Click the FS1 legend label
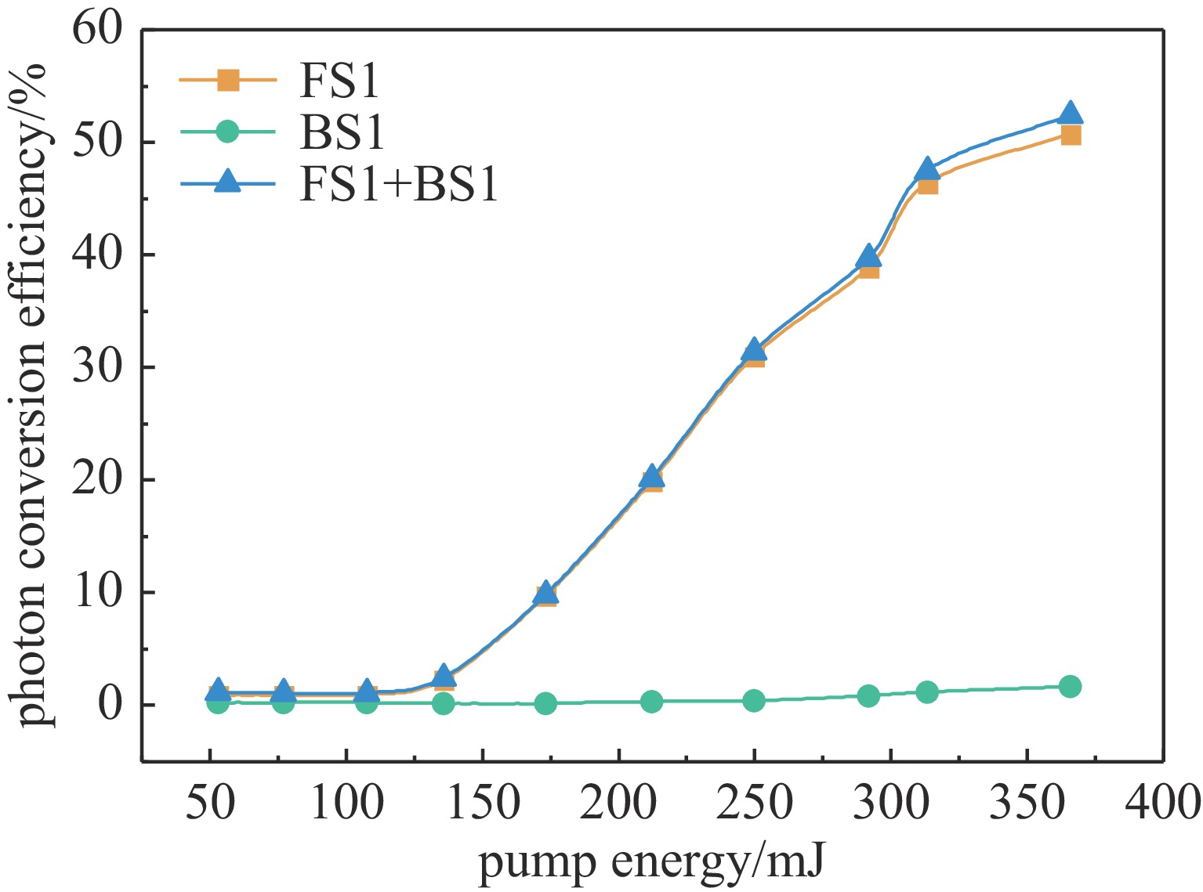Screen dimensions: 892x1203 pos(339,81)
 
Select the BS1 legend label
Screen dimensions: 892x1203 pos(342,132)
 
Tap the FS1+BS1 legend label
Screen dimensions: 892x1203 pos(398,185)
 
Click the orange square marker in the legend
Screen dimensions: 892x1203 pos(228,80)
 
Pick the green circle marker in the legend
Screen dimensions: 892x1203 pos(227,132)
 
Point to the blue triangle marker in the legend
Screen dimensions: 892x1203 pos(228,183)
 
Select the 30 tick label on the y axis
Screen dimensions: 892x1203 pos(99,367)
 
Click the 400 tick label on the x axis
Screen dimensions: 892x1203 pos(1162,803)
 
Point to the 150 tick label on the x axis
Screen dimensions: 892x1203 pos(482,803)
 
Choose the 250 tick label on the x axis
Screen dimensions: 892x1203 pos(754,803)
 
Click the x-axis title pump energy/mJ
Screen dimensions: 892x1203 pos(652,863)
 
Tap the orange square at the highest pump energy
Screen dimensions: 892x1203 pos(1071,136)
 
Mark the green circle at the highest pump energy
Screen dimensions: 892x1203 pos(1070,687)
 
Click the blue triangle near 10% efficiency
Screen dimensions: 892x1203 pos(547,594)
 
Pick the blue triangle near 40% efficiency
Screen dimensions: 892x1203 pos(868,256)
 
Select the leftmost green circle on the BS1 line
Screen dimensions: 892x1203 pos(218,703)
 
